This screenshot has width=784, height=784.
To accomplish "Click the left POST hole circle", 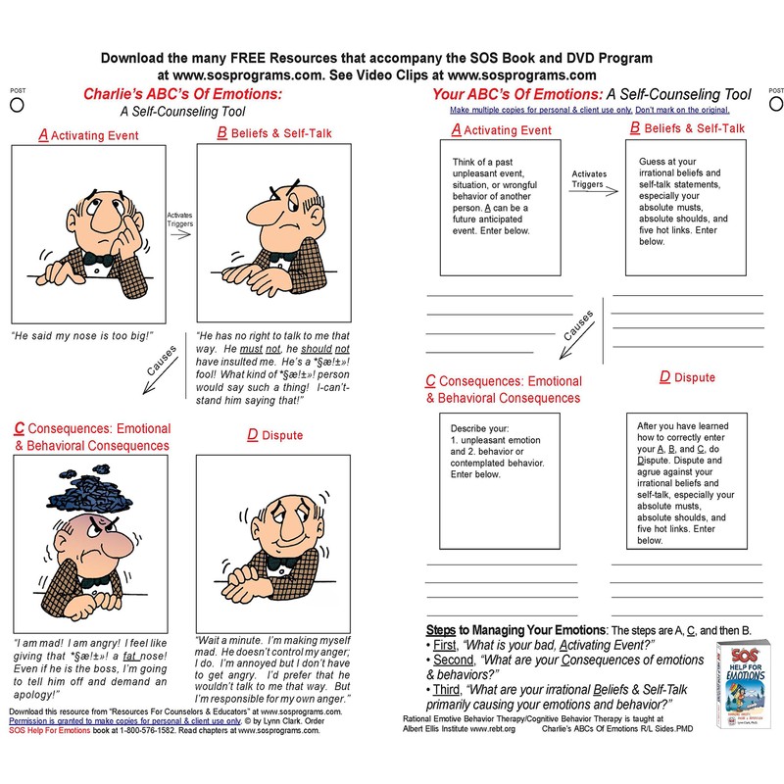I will pos(18,106).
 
